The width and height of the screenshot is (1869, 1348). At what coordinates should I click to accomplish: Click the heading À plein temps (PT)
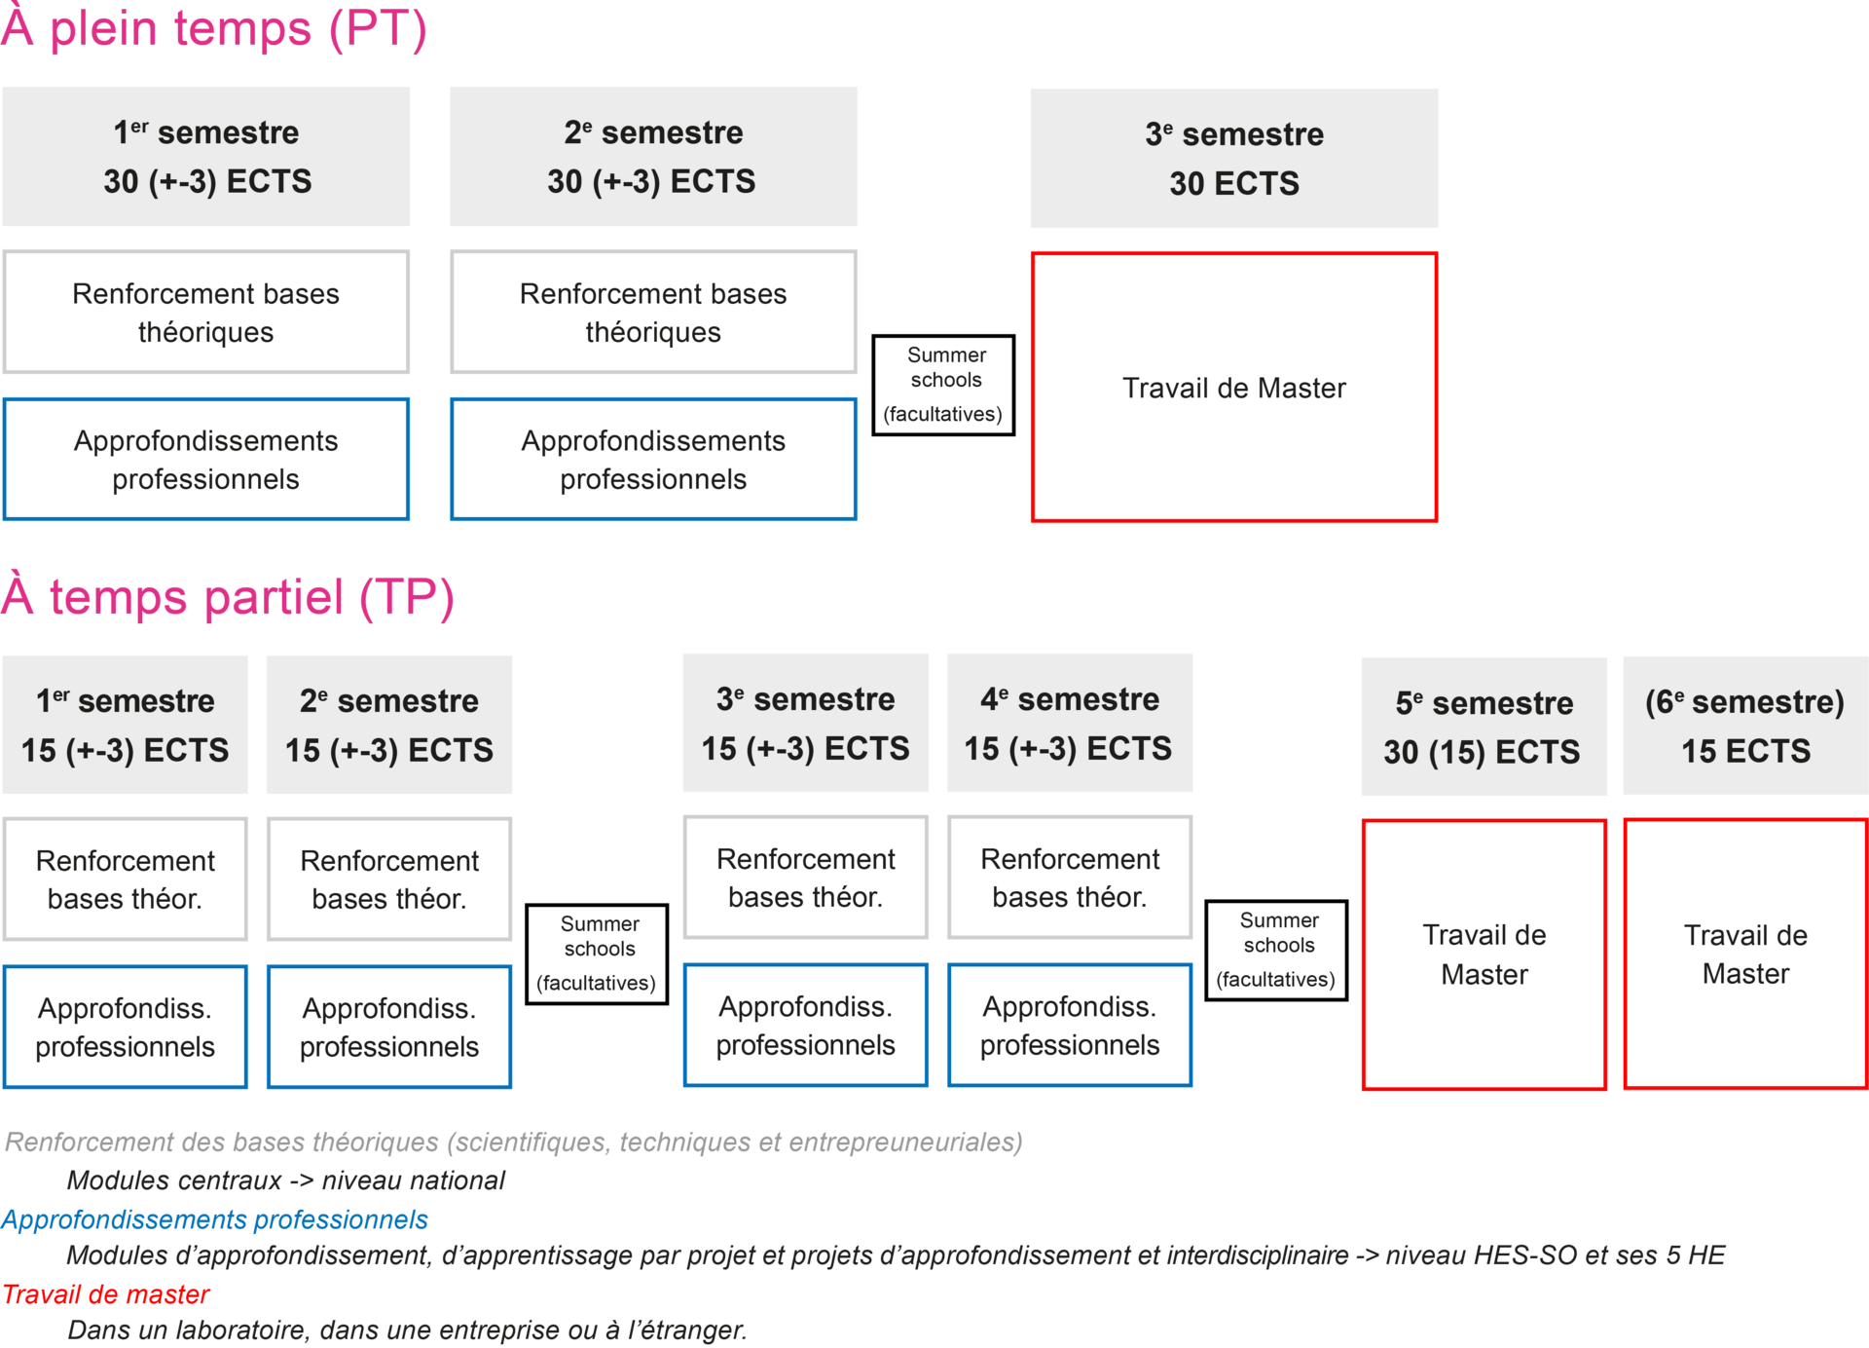(x=214, y=29)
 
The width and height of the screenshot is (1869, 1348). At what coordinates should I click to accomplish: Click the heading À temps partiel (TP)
(x=228, y=597)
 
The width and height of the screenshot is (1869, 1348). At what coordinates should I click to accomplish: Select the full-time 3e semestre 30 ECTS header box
(x=1233, y=158)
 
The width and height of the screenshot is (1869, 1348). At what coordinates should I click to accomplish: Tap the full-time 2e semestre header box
(x=653, y=156)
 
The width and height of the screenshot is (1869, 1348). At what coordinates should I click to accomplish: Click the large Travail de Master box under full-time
(x=1233, y=388)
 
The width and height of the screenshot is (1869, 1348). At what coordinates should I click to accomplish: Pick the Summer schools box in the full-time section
(x=943, y=385)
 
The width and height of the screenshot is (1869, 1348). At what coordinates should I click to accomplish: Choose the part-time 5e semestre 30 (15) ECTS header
(x=1483, y=727)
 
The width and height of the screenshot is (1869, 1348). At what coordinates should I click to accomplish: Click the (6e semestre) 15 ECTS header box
(x=1744, y=726)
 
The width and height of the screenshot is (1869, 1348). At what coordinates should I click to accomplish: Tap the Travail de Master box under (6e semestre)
(x=1744, y=955)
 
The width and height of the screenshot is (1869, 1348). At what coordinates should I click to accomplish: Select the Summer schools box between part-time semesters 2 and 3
(x=597, y=954)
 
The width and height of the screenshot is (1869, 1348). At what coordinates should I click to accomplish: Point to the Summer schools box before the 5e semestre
(x=1276, y=950)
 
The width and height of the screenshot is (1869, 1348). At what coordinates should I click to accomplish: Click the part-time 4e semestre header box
(x=1069, y=723)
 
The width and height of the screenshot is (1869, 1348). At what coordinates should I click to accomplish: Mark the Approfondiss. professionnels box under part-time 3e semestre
(x=805, y=1025)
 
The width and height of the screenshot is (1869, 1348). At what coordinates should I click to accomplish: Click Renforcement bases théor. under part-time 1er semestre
(x=126, y=879)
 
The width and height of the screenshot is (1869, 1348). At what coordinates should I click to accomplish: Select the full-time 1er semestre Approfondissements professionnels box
(x=205, y=459)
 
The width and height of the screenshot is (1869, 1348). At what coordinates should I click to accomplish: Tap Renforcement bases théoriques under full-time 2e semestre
(x=653, y=312)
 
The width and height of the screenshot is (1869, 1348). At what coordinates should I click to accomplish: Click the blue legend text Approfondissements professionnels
(x=214, y=1219)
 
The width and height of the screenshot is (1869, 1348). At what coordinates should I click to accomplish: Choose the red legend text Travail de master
(x=105, y=1294)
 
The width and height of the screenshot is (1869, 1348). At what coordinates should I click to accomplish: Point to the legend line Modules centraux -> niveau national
(x=285, y=1180)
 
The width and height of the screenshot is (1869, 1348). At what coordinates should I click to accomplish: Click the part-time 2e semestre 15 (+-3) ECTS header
(x=388, y=725)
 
